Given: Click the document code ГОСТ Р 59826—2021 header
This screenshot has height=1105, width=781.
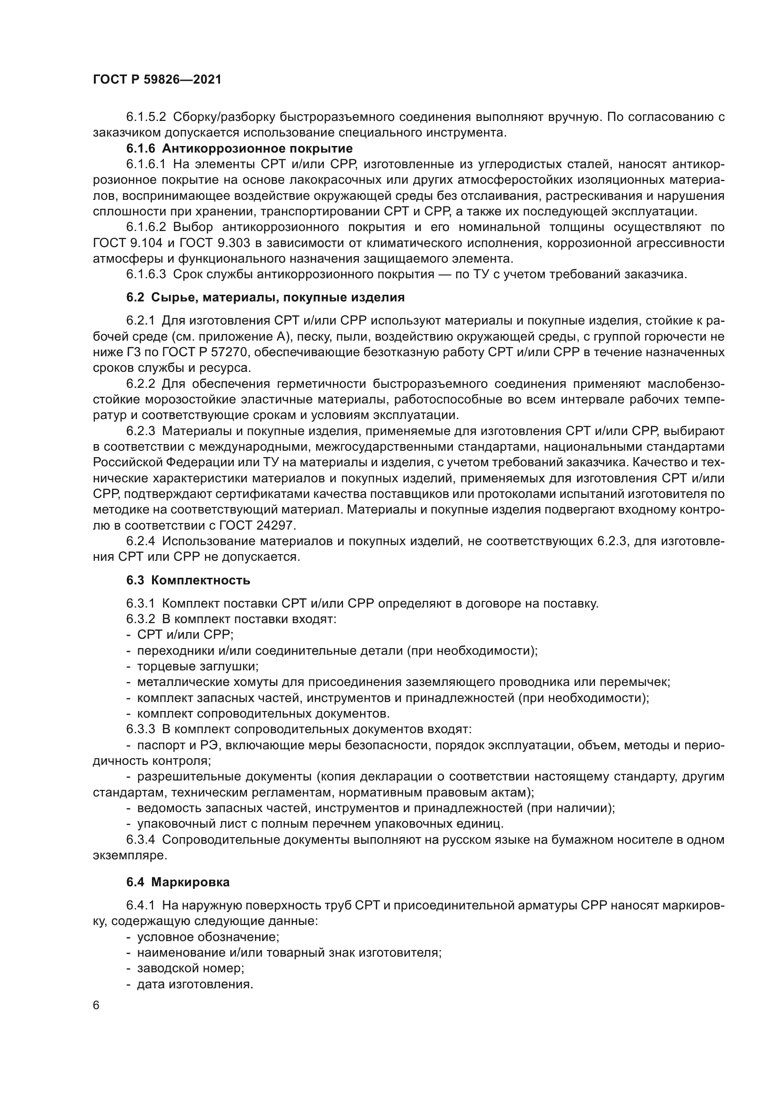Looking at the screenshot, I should click(157, 80).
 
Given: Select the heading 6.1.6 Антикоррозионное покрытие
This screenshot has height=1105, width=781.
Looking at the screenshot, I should click(239, 149).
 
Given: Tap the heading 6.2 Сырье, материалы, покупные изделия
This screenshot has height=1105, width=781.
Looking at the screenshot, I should click(265, 298).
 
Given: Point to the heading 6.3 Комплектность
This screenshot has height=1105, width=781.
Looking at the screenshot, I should click(188, 581).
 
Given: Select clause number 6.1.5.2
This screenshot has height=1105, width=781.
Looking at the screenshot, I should click(146, 117).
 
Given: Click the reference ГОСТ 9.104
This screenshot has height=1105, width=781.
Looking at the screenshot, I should click(122, 243).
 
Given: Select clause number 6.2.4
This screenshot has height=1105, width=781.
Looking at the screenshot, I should click(140, 541).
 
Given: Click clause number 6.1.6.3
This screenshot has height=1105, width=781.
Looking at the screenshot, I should click(146, 275).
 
